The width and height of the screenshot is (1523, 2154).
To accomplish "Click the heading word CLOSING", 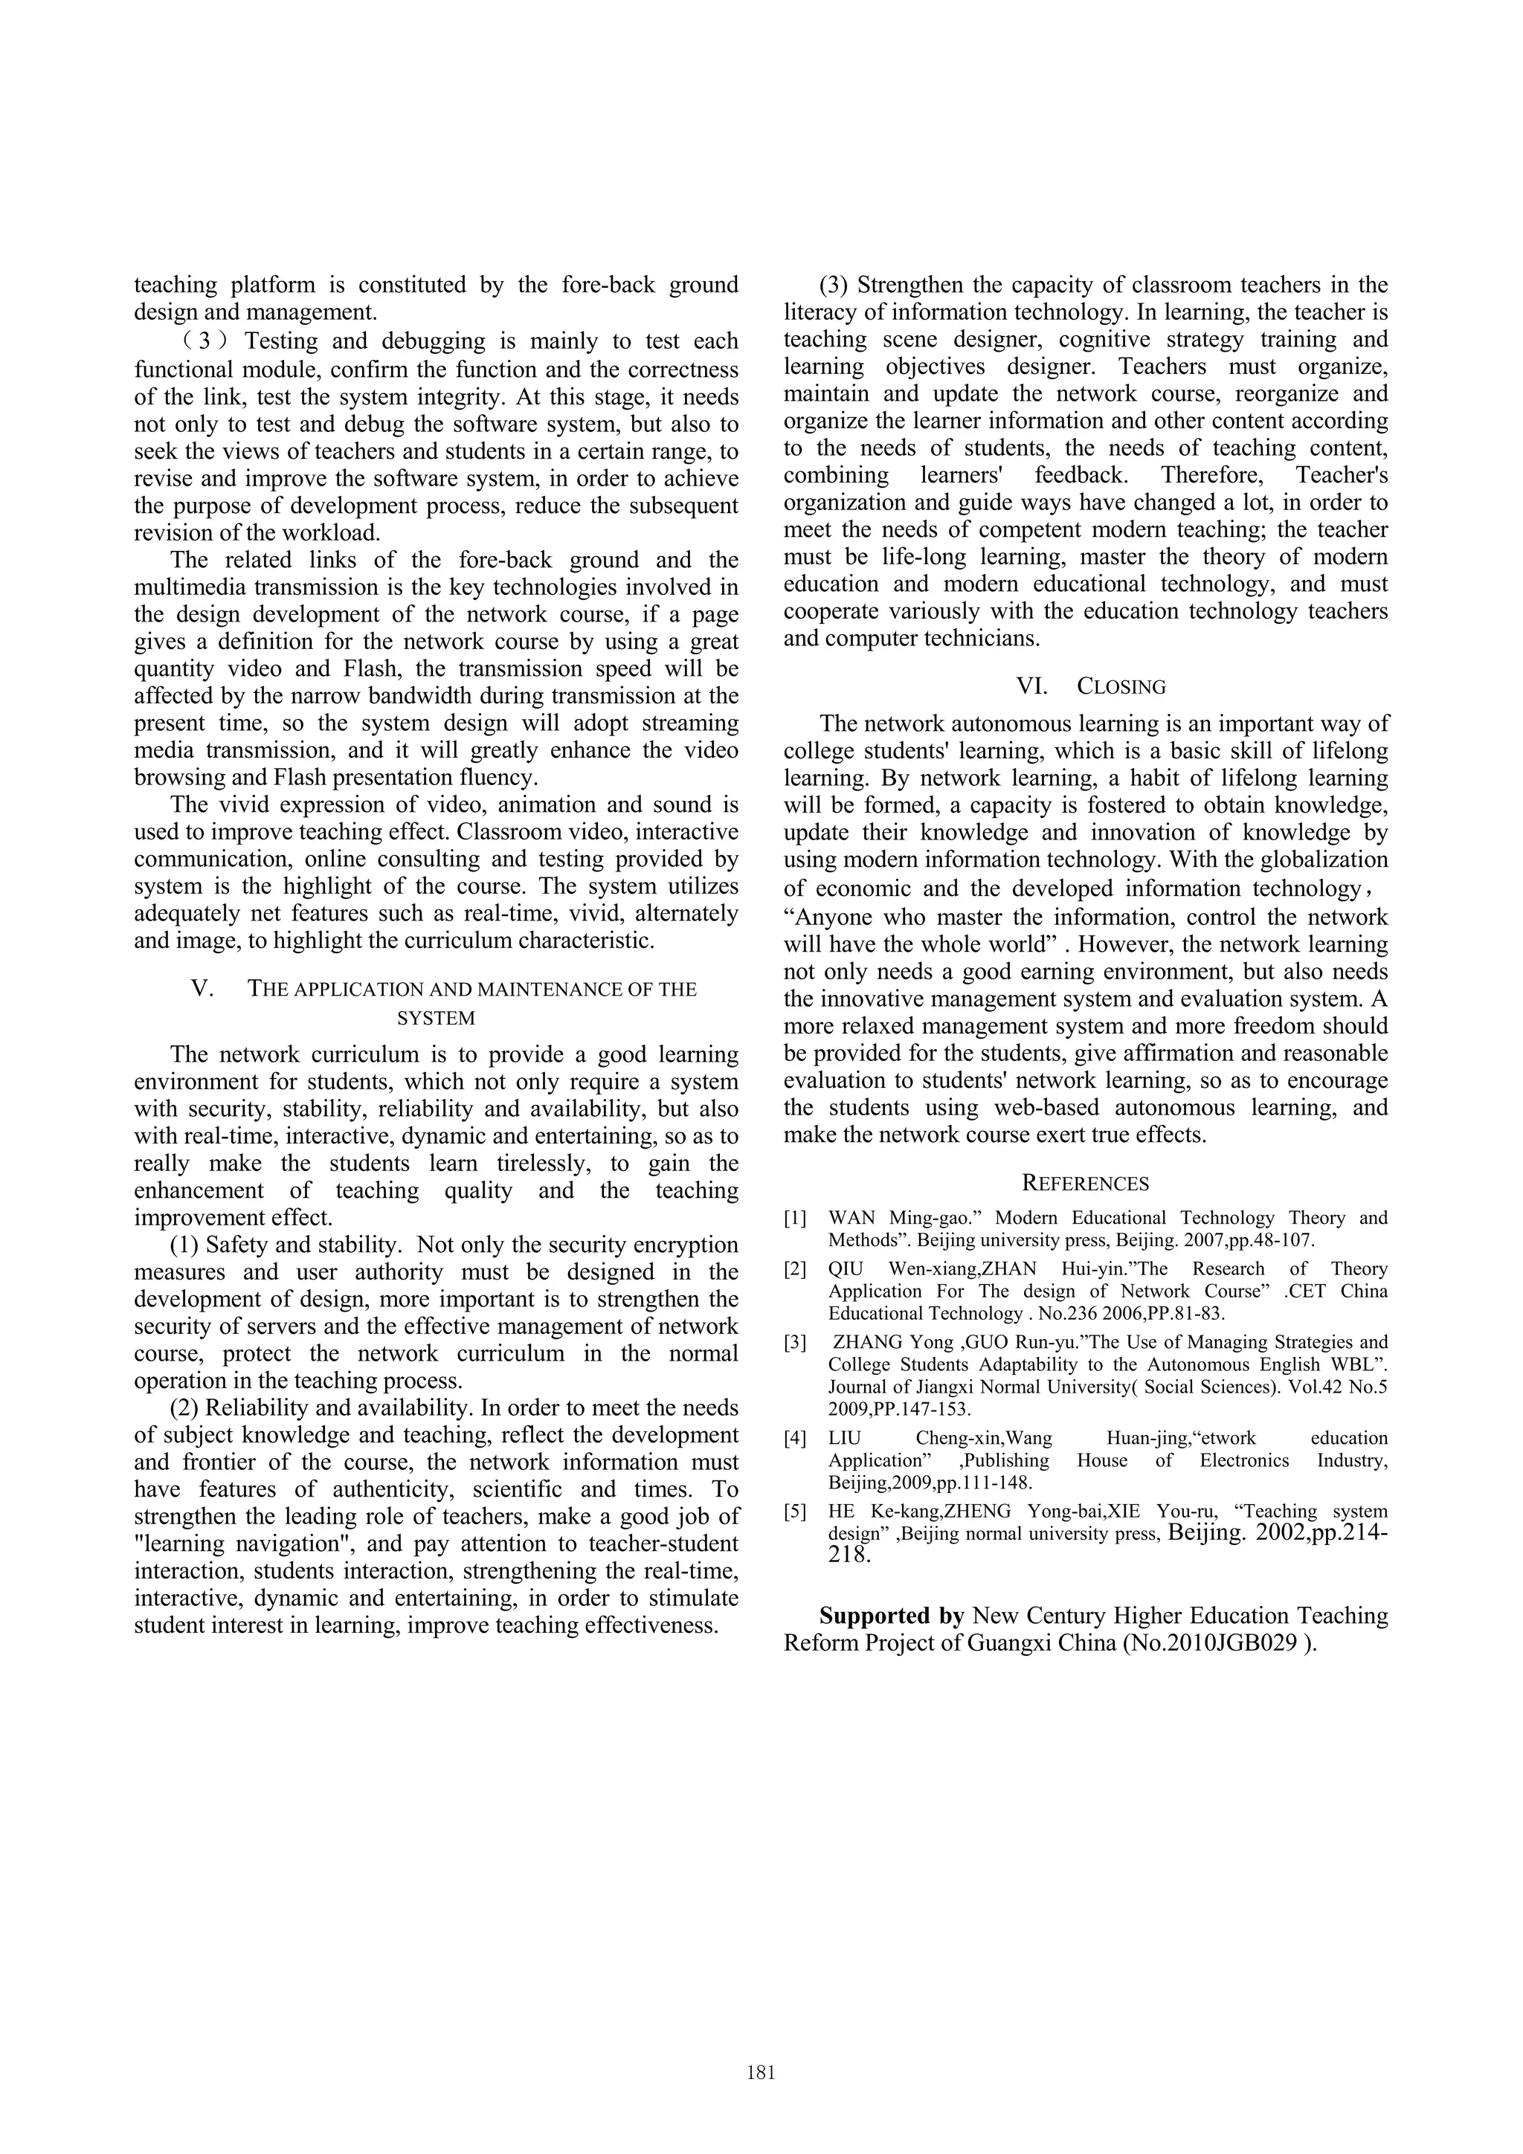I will click(1121, 687).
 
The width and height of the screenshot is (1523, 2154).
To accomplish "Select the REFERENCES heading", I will click(1085, 1183).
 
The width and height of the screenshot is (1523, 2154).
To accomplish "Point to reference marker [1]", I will click(795, 1218).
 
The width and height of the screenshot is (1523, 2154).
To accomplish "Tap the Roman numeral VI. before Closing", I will click(1032, 687).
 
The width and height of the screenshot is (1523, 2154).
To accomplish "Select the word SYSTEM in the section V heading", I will click(437, 1018).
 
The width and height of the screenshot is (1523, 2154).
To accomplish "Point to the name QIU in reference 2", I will click(846, 1268).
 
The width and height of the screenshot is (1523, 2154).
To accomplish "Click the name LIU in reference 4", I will click(846, 1437).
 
